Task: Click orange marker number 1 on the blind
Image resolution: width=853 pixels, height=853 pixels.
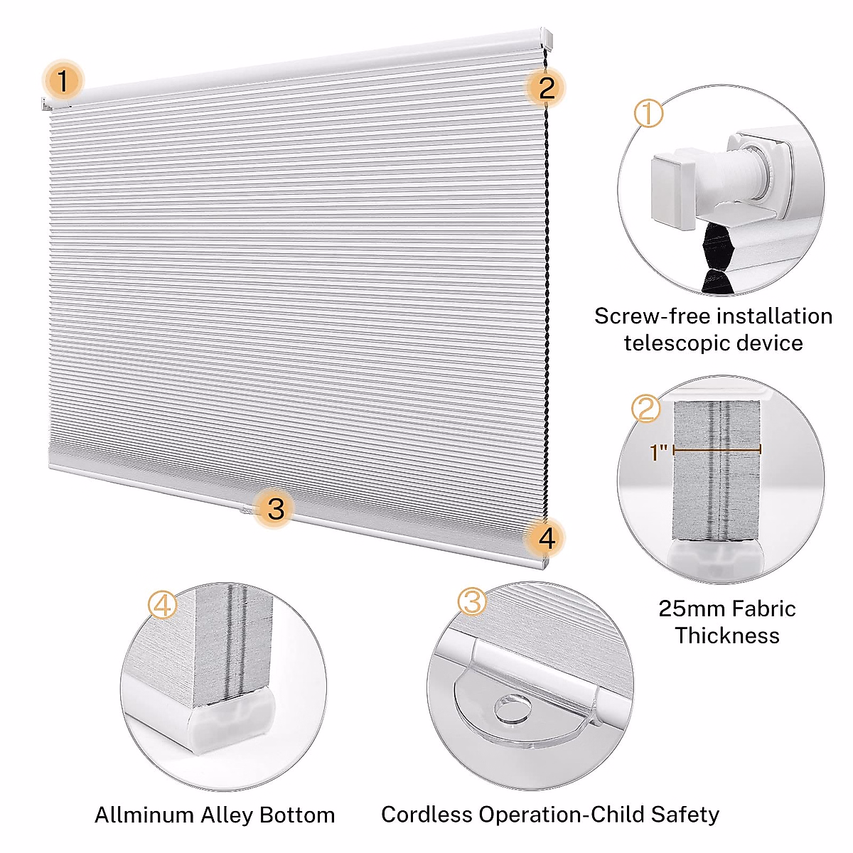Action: (x=63, y=80)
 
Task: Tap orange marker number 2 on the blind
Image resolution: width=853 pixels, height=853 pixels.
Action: (x=546, y=87)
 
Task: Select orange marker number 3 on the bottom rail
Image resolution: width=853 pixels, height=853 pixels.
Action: (x=276, y=508)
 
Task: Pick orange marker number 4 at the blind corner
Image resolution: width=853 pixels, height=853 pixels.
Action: (x=546, y=538)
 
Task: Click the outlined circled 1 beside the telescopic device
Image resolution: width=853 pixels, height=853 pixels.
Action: (x=648, y=114)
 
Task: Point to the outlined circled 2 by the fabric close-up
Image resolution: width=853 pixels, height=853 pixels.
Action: (x=646, y=409)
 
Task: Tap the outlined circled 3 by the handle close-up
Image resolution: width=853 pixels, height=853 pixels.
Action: (x=472, y=601)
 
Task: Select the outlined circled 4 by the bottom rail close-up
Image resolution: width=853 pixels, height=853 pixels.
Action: (x=163, y=606)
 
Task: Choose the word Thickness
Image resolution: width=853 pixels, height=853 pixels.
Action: (x=726, y=635)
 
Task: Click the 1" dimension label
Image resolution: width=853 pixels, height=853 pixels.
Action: (x=660, y=453)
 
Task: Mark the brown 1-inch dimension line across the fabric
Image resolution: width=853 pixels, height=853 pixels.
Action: (x=717, y=449)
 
